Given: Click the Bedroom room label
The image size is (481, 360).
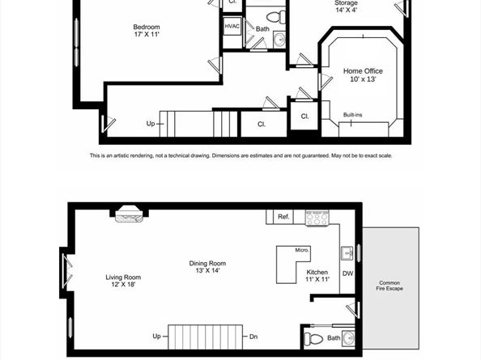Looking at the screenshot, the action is tap(147, 27).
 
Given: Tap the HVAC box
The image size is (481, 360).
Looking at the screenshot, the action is tap(232, 27).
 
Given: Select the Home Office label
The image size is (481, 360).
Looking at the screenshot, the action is tap(363, 71).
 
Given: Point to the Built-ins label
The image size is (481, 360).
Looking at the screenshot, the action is tap(353, 115).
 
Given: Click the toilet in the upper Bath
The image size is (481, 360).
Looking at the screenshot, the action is tap(275, 16).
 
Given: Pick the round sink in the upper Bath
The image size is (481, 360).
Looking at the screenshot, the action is tap(279, 40).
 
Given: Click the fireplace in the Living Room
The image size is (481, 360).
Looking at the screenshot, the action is tap(129, 214).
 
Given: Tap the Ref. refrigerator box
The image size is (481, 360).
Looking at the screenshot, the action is tap(283, 217).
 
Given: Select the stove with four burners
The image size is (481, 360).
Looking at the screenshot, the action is tap(317, 218).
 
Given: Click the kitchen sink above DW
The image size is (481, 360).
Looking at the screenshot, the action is tap(347, 253).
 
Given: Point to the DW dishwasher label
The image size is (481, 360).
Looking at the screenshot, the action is tap(347, 273).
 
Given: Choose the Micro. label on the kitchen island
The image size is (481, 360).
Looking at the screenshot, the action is tap(302, 250).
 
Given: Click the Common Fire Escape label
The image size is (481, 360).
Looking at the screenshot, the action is tap(389, 286).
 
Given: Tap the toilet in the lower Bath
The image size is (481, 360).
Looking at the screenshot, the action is tap(313, 339).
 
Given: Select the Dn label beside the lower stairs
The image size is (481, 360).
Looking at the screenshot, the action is tap(253, 337).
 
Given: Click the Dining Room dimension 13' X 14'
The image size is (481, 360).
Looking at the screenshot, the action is tap(207, 270).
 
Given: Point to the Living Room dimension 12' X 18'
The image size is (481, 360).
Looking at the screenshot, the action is tap(123, 284).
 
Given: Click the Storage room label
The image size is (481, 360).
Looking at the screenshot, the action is tap(346, 3).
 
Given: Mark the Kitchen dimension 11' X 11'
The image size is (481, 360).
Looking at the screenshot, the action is tap(317, 279).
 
